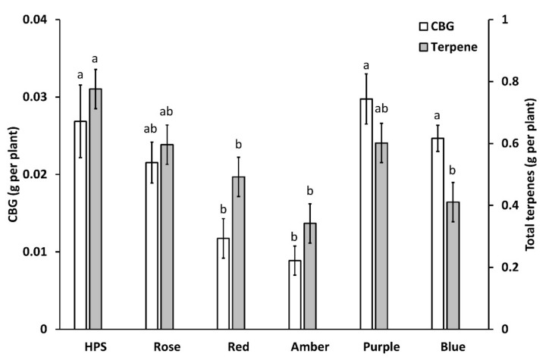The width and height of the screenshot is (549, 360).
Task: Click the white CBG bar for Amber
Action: coord(295,295)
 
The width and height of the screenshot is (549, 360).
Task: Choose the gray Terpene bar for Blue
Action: coord(453,265)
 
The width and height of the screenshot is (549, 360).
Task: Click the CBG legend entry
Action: coord(439,28)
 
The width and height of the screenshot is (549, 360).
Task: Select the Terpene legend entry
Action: coord(447,48)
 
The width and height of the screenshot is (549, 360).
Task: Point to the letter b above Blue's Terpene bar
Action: coord(453,169)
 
